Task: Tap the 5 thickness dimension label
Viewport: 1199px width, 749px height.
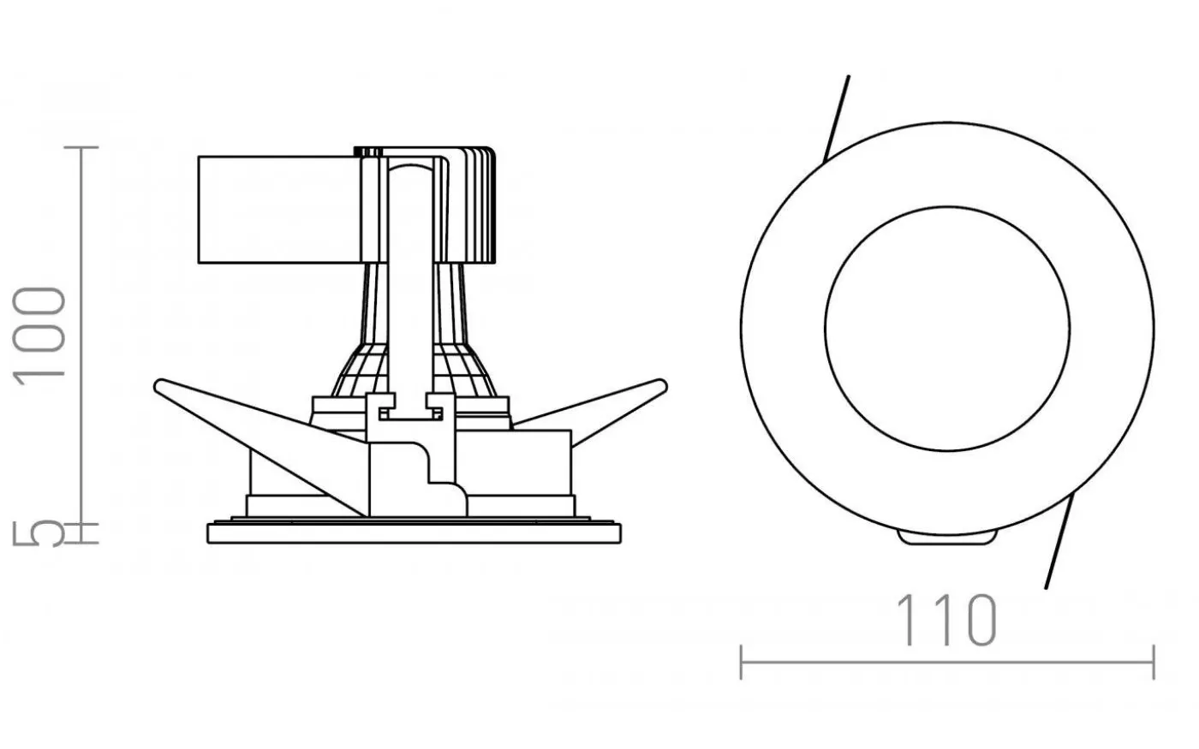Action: [39, 533]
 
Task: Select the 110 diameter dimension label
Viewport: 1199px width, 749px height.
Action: [946, 620]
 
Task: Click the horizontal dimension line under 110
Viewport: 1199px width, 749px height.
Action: [947, 663]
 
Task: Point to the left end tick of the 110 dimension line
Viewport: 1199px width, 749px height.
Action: [742, 663]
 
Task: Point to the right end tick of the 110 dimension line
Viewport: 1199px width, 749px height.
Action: [1154, 663]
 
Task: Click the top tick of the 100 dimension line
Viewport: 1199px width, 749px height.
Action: [81, 147]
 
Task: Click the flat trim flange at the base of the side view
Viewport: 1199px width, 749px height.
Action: [414, 533]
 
